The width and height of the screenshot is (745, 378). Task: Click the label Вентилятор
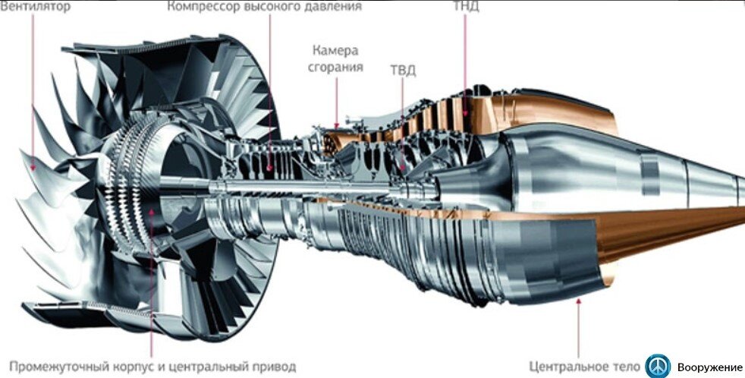tap(36, 7)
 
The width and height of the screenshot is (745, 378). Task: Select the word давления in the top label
tap(332, 7)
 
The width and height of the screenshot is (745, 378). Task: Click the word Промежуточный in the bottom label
tap(57, 367)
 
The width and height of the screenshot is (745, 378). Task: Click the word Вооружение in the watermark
tap(710, 367)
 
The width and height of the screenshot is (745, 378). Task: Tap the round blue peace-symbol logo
tap(659, 365)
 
